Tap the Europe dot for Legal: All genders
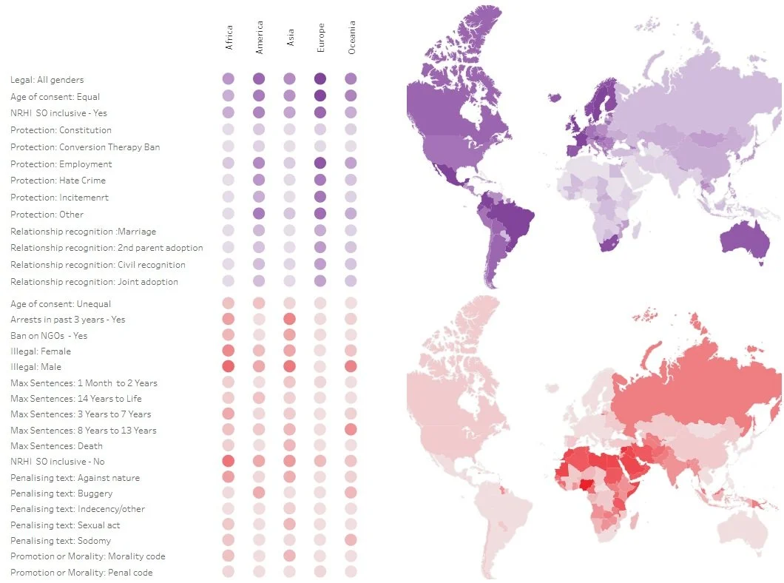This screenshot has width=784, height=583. (x=320, y=78)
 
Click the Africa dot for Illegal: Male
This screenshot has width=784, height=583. (x=229, y=366)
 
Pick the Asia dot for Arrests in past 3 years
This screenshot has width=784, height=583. (x=289, y=319)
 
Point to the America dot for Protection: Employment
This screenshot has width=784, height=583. (x=259, y=164)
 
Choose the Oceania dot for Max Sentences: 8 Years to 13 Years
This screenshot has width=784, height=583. (x=351, y=430)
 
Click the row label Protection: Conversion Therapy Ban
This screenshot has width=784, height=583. (x=85, y=147)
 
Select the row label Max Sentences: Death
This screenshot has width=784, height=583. (x=57, y=446)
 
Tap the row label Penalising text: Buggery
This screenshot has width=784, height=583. (x=62, y=493)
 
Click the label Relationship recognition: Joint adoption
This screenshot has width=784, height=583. (x=94, y=282)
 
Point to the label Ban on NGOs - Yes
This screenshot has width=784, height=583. (x=49, y=336)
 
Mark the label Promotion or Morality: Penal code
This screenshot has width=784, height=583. (x=82, y=573)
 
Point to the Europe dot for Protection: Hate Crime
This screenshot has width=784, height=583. (x=320, y=180)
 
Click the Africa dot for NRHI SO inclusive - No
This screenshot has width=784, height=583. (x=229, y=461)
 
